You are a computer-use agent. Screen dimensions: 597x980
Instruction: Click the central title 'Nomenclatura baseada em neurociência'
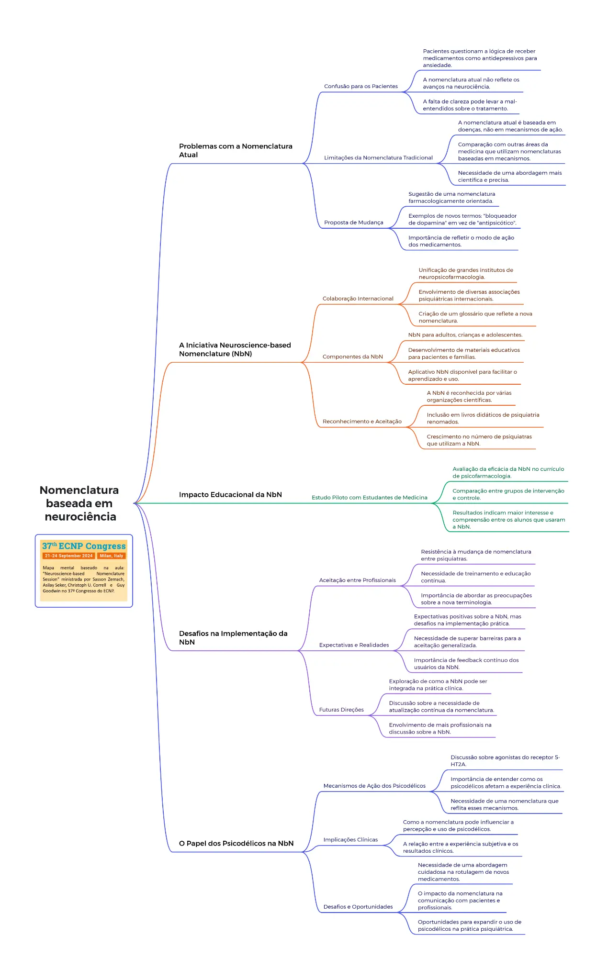[79, 503]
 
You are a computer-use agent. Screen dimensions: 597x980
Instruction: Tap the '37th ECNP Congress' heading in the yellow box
[84, 546]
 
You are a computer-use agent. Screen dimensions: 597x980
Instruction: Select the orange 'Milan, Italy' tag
[112, 556]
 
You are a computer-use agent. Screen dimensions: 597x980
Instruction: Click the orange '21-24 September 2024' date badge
[69, 556]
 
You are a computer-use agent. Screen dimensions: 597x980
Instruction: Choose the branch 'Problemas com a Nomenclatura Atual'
[236, 150]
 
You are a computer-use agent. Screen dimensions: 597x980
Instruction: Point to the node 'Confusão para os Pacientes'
[361, 86]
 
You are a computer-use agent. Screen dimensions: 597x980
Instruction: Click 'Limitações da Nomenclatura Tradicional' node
[378, 157]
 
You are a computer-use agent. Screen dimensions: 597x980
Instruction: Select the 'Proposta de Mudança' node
[354, 223]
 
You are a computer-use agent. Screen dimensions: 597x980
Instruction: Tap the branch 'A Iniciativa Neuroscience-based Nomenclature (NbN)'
[235, 349]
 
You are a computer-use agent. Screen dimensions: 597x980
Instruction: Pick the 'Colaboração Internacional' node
[358, 299]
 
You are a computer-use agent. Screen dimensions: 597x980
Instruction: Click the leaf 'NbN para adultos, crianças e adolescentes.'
[465, 335]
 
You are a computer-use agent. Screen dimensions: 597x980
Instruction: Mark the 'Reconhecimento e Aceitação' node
[362, 422]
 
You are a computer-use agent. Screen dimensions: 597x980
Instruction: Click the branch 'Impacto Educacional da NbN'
[230, 495]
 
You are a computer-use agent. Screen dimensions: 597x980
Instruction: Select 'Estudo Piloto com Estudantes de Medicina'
[370, 498]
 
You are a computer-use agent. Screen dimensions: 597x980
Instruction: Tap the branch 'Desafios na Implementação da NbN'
[233, 638]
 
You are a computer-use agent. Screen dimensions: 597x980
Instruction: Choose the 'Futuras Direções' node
[341, 710]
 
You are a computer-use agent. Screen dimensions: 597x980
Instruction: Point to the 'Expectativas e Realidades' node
[354, 645]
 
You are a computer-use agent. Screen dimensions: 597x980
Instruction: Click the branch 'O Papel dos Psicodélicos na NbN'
[236, 843]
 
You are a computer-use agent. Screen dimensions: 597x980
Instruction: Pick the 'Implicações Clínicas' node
[350, 839]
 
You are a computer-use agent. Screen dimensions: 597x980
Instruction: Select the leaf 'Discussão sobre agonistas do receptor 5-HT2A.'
[505, 761]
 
